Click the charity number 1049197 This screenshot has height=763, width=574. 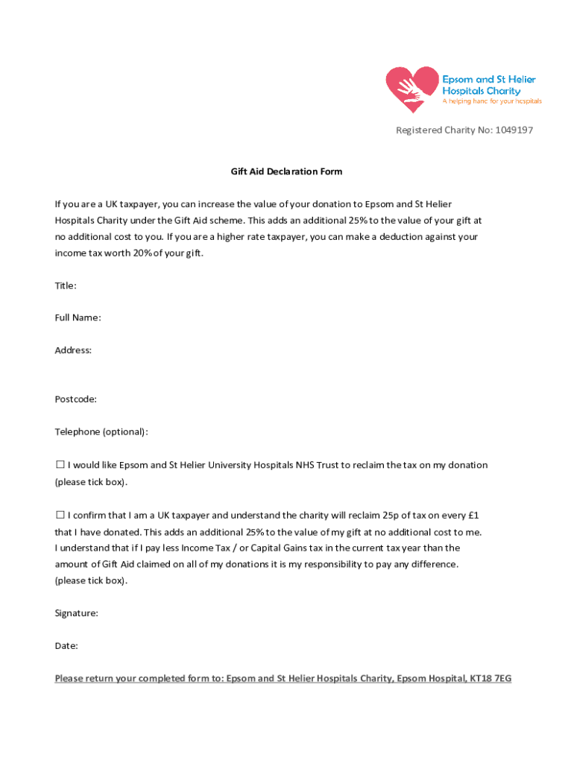coord(514,130)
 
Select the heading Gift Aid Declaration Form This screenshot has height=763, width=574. coord(286,171)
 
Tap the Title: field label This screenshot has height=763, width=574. coord(66,285)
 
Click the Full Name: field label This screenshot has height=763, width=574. coord(78,318)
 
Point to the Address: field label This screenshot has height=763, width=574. coord(73,350)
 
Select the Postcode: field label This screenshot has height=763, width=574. coord(75,399)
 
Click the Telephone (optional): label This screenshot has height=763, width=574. coord(101,432)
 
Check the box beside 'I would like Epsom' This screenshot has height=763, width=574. coord(60,465)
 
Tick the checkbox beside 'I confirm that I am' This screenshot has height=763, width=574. coord(60,515)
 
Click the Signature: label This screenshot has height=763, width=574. coord(76,613)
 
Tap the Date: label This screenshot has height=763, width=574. coord(66,646)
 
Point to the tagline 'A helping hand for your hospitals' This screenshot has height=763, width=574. coord(492,101)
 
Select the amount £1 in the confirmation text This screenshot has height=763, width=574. coord(473,515)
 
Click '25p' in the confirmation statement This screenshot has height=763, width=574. coord(394,515)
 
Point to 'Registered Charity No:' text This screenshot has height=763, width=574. coord(444,130)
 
